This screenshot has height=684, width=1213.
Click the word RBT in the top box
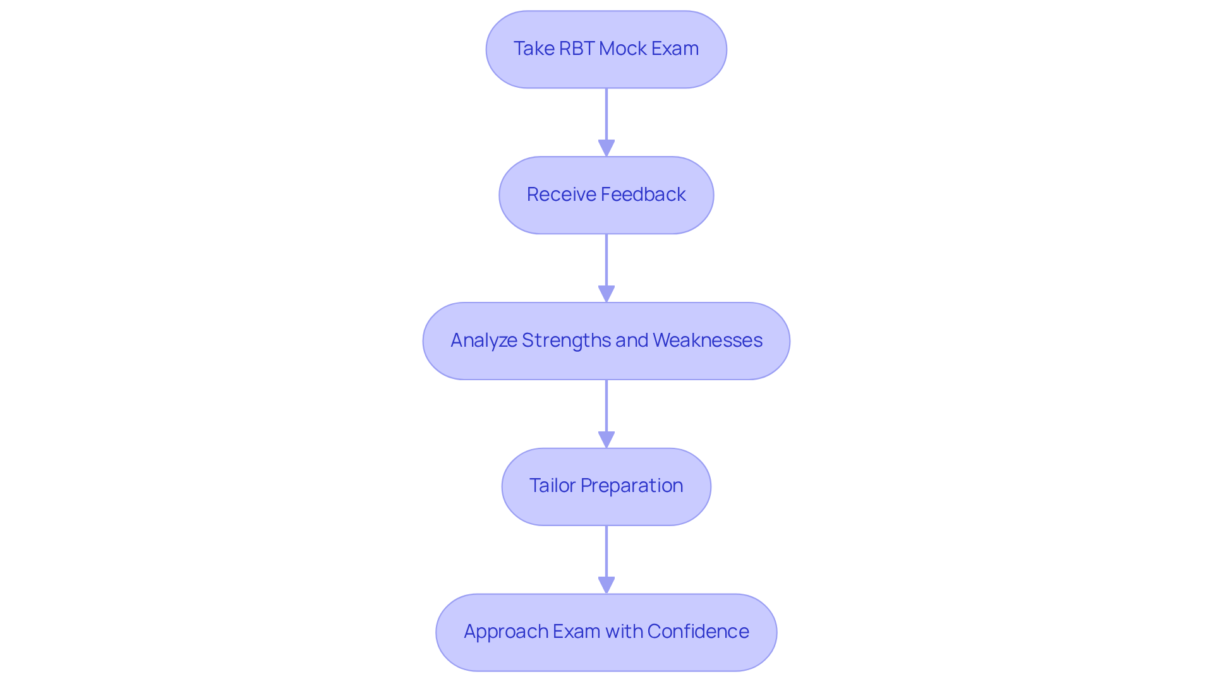coord(576,49)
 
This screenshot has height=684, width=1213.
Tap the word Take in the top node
coord(533,49)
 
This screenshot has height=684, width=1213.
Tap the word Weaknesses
coord(708,340)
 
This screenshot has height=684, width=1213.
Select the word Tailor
coord(552,486)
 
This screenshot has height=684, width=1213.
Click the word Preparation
coord(632,486)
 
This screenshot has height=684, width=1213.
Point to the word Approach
coord(506,632)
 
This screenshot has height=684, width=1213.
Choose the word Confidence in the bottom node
coord(698,632)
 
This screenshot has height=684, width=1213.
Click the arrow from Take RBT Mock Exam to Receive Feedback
coord(606,117)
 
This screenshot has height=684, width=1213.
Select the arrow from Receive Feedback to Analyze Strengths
coord(606,262)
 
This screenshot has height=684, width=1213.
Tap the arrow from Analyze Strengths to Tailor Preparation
coord(606,408)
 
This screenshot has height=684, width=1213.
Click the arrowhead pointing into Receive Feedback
coord(606,148)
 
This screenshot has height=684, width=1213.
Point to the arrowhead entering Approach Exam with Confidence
coord(606,585)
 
